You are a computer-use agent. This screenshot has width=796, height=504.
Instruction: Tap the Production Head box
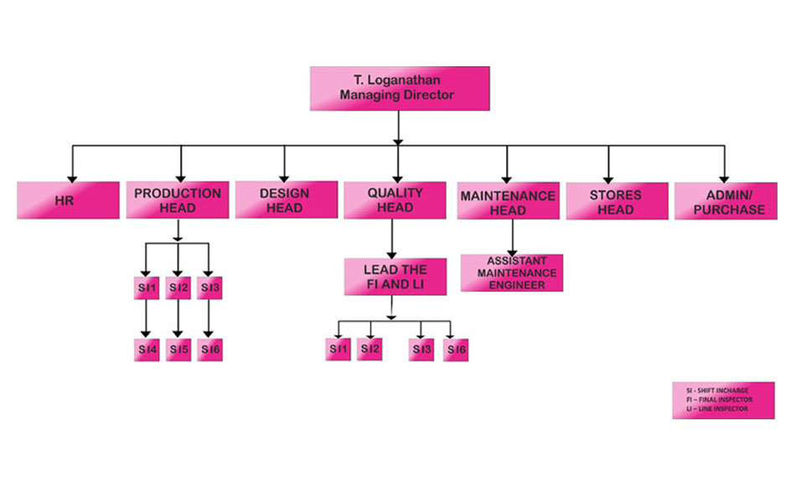coord(178,200)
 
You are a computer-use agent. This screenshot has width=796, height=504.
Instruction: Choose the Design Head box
coord(285,200)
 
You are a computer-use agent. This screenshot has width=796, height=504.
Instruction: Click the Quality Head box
coord(395,200)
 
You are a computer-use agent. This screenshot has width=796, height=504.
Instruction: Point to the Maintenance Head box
coord(508,202)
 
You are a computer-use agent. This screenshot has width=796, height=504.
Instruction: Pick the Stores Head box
coord(616,201)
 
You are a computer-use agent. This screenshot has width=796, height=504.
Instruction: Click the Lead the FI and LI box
coord(395,277)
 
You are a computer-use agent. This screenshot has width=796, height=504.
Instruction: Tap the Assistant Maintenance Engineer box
coord(511,273)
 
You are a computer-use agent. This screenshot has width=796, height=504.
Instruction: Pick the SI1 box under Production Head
coord(147,288)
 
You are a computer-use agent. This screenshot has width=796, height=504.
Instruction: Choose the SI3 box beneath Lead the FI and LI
coord(422,349)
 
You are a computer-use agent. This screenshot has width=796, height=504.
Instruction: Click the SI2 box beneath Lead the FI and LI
coord(370,348)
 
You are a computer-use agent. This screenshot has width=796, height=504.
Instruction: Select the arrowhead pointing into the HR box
coord(73,177)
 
